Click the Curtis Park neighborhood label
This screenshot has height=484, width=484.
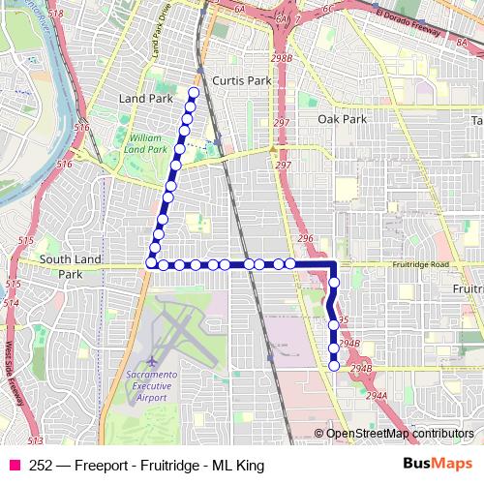pyautogui.click(x=241, y=81)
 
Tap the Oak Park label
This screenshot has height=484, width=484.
pyautogui.click(x=343, y=119)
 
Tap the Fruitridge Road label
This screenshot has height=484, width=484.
pyautogui.click(x=419, y=264)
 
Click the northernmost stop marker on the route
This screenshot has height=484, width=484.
pyautogui.click(x=193, y=93)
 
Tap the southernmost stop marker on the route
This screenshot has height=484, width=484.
pyautogui.click(x=335, y=366)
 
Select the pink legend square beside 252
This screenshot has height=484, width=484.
pyautogui.click(x=14, y=466)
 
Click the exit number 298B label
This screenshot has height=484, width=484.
pyautogui.click(x=282, y=60)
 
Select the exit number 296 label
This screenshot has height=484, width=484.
pyautogui.click(x=305, y=238)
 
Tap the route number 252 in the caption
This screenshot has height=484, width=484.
pyautogui.click(x=41, y=466)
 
